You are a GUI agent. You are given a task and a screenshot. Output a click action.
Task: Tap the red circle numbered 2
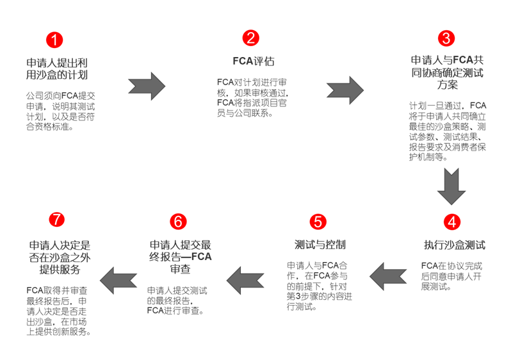pyautogui.click(x=252, y=38)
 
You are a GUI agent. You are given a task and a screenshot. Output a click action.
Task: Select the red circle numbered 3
pyautogui.click(x=446, y=38)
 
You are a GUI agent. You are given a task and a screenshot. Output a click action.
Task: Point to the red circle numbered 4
pyautogui.click(x=453, y=222)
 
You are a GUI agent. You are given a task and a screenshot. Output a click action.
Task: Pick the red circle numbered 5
pyautogui.click(x=318, y=222)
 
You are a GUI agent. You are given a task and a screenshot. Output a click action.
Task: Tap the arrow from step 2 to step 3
pyautogui.click(x=346, y=87)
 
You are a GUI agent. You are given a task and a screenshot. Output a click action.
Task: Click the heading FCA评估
pyautogui.click(x=253, y=62)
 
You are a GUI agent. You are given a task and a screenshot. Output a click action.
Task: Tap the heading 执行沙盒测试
pyautogui.click(x=454, y=245)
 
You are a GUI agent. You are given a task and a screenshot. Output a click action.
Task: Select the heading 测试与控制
pyautogui.click(x=320, y=245)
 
